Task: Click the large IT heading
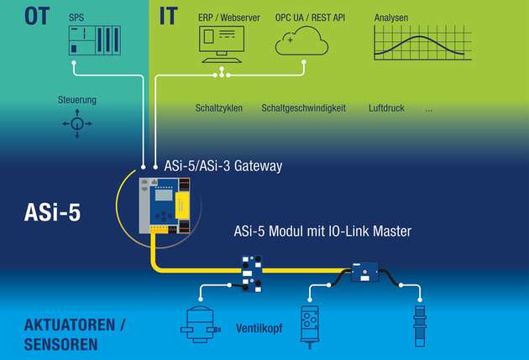[168, 16]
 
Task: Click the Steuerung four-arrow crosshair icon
[77, 124]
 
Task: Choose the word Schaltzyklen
[219, 108]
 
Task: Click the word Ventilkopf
[259, 328]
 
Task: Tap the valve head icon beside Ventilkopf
[200, 326]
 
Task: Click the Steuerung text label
[77, 100]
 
